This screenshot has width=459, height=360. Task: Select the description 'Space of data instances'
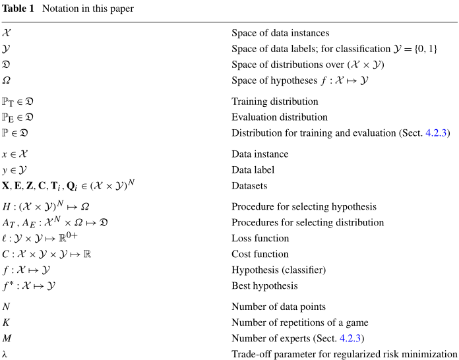click(280, 33)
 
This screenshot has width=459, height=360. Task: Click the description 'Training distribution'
click(274, 102)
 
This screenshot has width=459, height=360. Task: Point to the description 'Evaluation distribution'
click(279, 117)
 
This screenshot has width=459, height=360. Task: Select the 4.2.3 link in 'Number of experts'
click(352, 338)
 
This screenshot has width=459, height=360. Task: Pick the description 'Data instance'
click(260, 154)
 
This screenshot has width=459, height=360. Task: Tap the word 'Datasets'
click(249, 186)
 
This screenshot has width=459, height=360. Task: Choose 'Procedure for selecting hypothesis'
click(304, 206)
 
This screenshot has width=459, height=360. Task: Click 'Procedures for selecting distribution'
click(307, 222)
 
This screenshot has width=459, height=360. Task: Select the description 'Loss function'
click(260, 238)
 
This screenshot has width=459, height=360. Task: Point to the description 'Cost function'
click(260, 254)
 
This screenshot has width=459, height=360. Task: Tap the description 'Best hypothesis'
click(264, 286)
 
